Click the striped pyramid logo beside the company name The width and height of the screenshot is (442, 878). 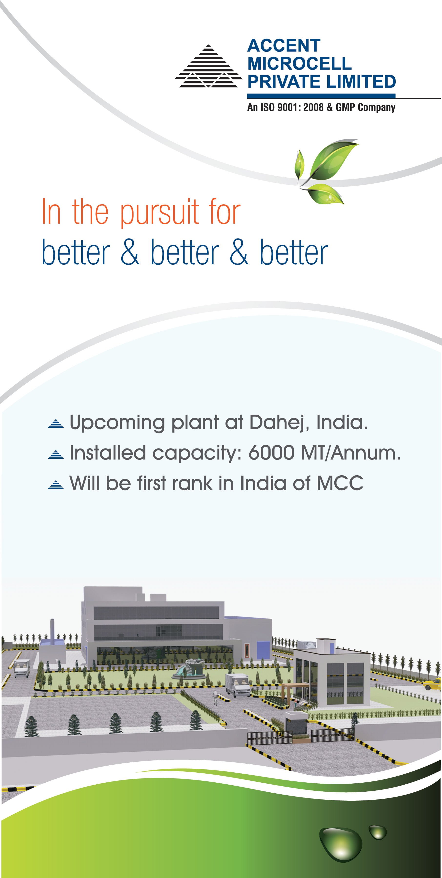pos(209,67)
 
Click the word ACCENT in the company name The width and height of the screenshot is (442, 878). pos(284,46)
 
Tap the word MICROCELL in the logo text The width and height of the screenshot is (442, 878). pos(299,63)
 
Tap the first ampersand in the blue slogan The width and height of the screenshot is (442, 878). pos(130,252)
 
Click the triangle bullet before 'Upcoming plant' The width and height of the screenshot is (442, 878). pos(56,424)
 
